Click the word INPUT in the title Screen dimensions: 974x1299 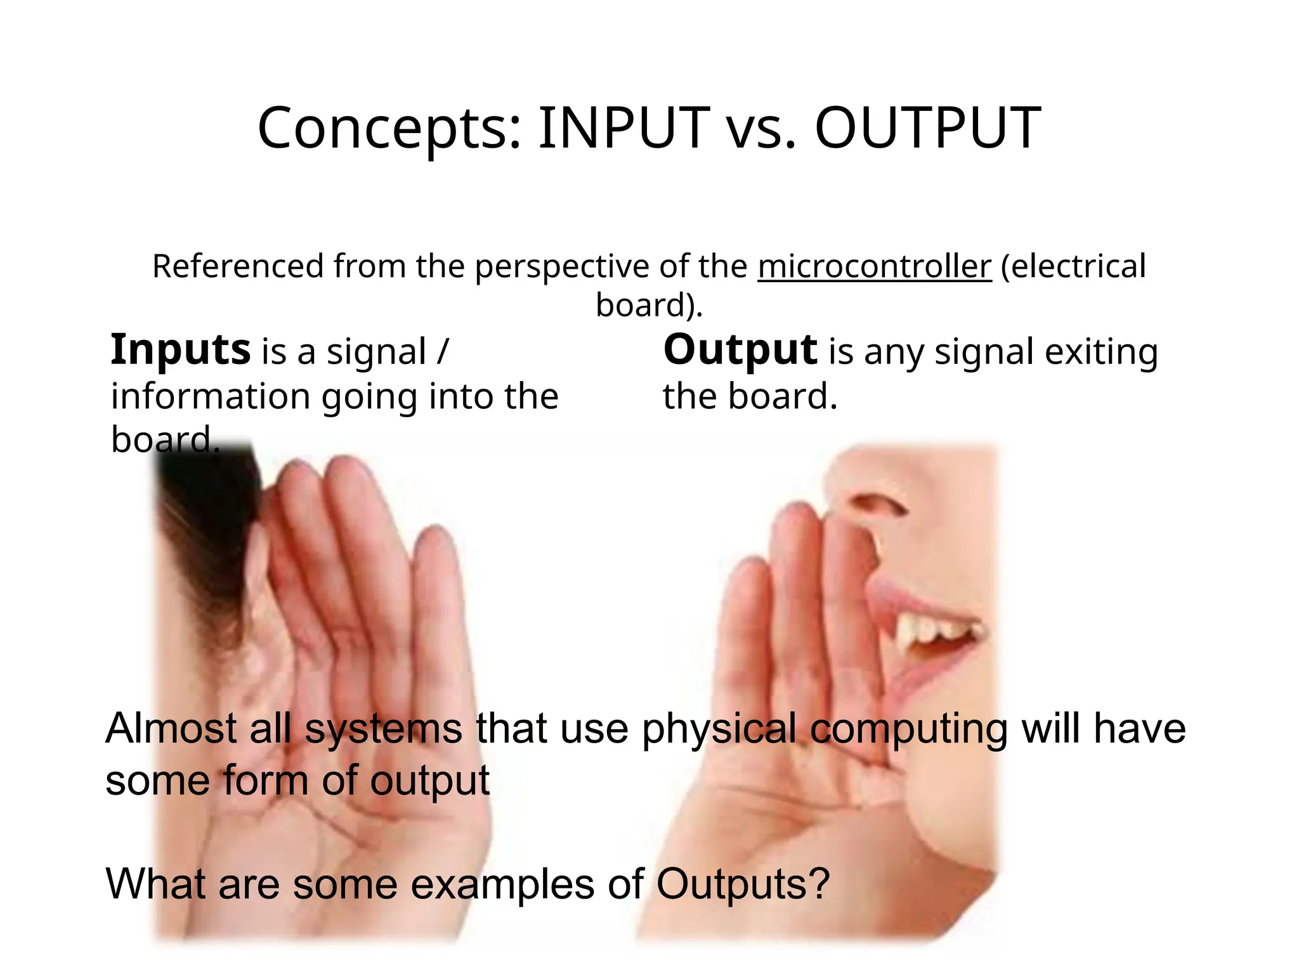pyautogui.click(x=623, y=129)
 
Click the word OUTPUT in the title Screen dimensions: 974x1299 pyautogui.click(x=927, y=129)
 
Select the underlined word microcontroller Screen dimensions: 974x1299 pyautogui.click(x=874, y=266)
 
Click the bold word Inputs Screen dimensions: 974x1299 pyautogui.click(x=181, y=351)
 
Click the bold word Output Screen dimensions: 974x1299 pyautogui.click(x=740, y=351)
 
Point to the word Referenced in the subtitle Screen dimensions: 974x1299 pyautogui.click(x=238, y=266)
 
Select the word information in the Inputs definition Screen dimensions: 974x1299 pyautogui.click(x=210, y=396)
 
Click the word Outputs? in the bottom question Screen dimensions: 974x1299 pyautogui.click(x=743, y=883)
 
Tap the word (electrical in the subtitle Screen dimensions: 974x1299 pyautogui.click(x=1073, y=266)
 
